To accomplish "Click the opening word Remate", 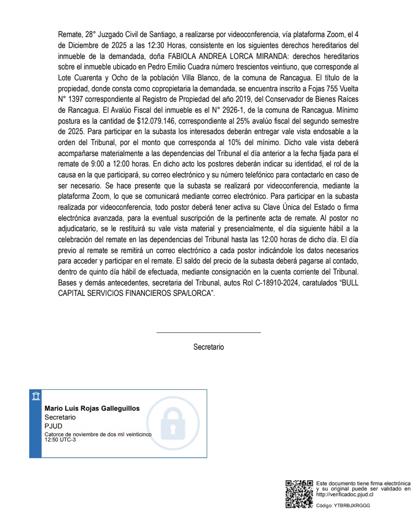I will (x=69, y=34).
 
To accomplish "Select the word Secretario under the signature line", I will (x=208, y=346).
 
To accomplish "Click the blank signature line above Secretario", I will (x=208, y=332).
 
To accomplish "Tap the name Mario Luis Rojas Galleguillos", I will (x=92, y=409).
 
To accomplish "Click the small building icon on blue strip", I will (x=35, y=396).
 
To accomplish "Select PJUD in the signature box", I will (x=53, y=426).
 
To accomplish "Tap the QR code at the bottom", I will (x=299, y=494).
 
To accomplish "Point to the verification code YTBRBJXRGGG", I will (x=352, y=506).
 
